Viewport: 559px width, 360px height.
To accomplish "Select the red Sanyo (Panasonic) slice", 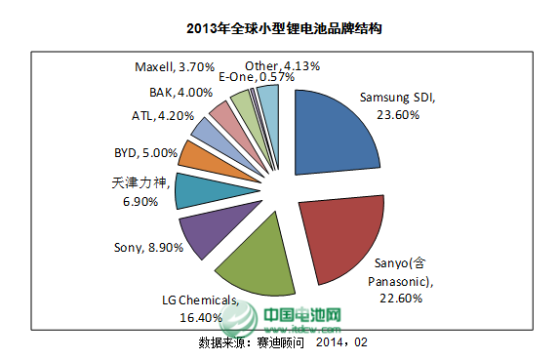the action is click(x=342, y=235).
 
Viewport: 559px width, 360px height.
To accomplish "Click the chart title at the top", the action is click(x=284, y=28).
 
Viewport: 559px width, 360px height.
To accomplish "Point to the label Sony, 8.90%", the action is click(x=148, y=247).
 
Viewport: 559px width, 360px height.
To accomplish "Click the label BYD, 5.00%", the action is click(x=145, y=153).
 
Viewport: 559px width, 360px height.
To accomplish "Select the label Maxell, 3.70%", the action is click(x=175, y=66).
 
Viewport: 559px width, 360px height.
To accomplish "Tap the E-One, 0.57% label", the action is click(x=257, y=77).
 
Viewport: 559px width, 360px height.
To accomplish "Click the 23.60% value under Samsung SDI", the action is click(x=398, y=115).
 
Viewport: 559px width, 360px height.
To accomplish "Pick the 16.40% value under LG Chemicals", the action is click(x=201, y=317).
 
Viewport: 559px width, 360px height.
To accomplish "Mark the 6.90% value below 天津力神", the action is click(x=140, y=201).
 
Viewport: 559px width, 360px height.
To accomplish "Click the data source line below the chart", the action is click(x=283, y=342).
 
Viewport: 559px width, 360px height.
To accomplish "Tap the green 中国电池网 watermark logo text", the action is click(x=302, y=315).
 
